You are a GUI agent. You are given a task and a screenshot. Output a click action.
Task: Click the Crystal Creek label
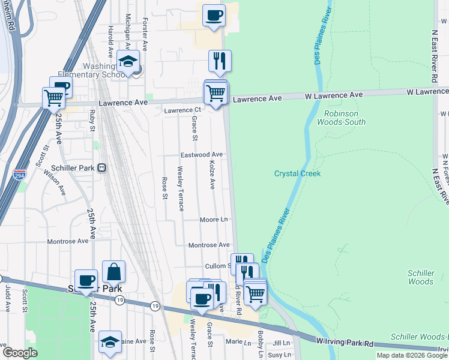point(298,173)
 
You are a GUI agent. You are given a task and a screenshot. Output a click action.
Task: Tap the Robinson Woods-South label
point(341,118)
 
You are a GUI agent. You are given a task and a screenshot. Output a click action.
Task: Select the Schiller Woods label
point(420,277)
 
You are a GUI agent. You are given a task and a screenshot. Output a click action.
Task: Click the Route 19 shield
point(120,299)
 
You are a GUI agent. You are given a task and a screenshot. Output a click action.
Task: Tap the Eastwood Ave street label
point(202,155)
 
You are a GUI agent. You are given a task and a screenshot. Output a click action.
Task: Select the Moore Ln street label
point(214,220)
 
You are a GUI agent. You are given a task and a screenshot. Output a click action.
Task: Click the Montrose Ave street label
point(209,245)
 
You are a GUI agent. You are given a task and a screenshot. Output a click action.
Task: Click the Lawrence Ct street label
point(182,110)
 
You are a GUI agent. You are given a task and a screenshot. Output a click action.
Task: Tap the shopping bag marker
point(113,272)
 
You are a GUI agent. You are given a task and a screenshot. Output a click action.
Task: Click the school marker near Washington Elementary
point(128,62)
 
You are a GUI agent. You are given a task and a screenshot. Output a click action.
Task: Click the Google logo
point(20,353)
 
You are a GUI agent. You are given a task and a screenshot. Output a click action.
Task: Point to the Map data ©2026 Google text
point(412,355)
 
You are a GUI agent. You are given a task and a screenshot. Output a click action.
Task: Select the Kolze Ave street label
point(211,174)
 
